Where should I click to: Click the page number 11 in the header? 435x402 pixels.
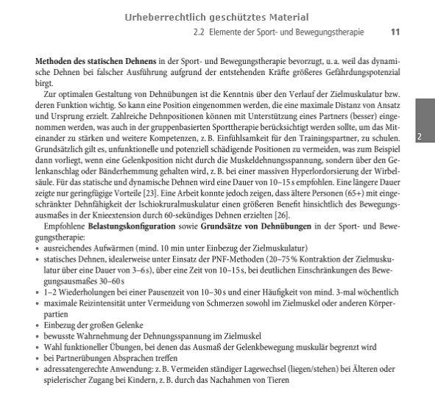(395, 32)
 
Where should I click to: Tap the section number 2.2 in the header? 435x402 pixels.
(198, 32)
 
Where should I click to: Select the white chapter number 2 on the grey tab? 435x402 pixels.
(418, 137)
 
